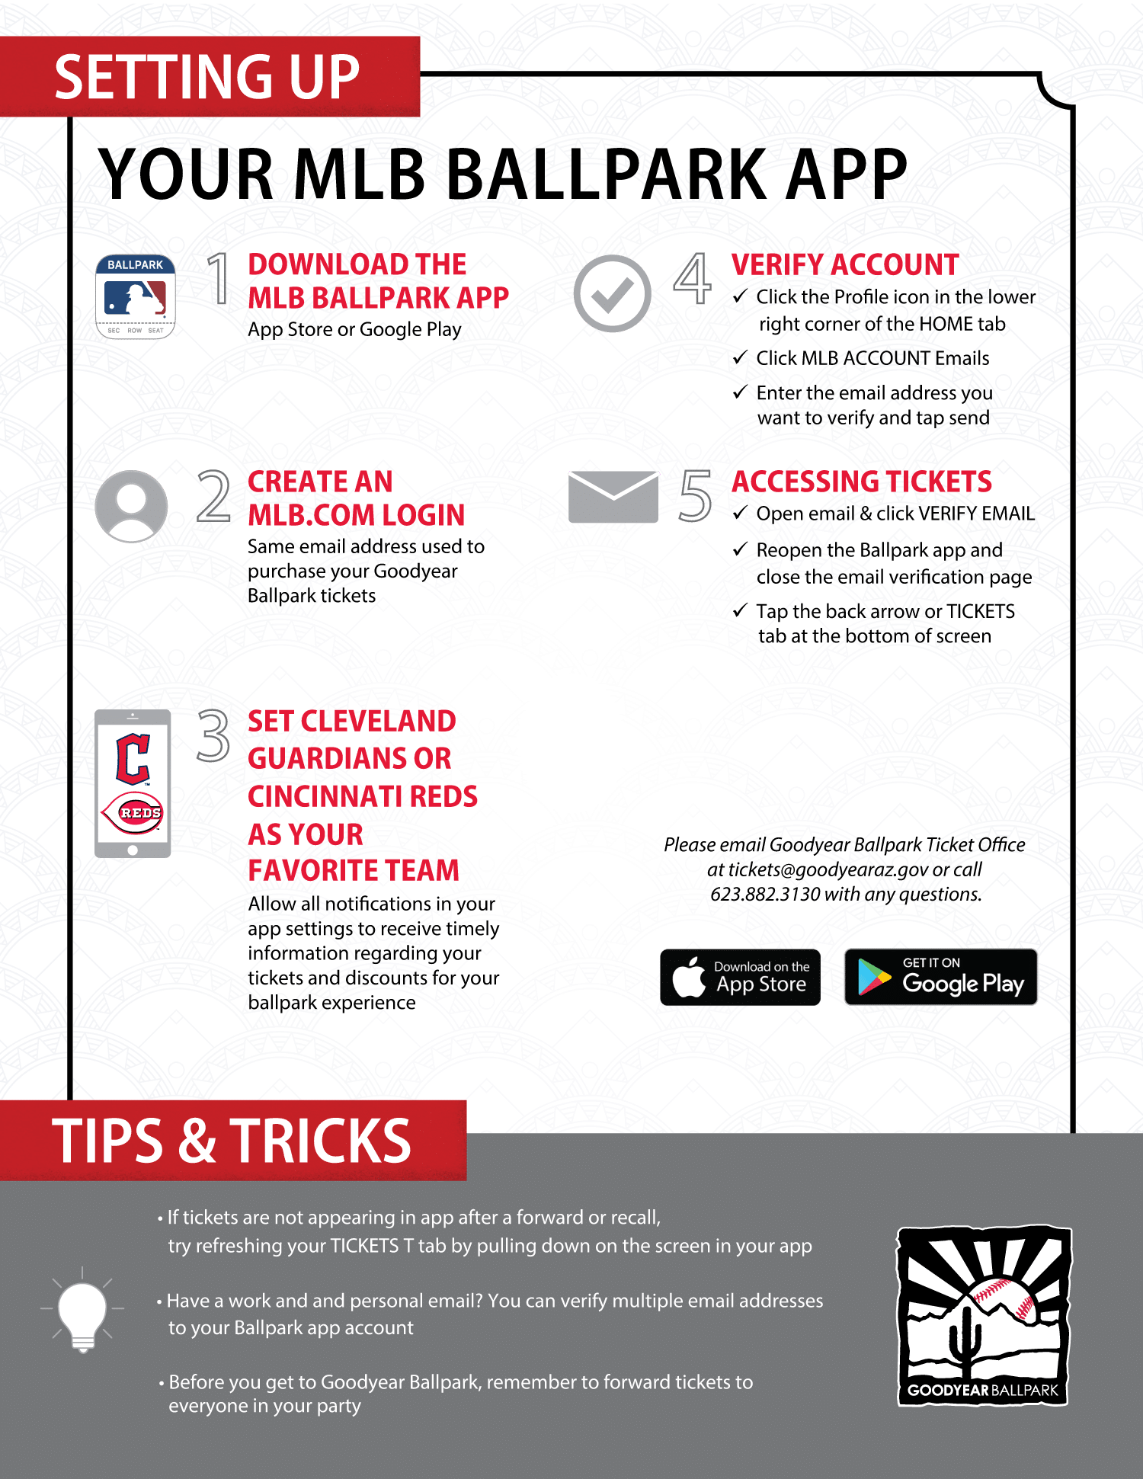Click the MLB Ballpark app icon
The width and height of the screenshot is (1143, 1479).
[136, 296]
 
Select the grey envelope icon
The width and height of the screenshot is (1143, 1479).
[613, 497]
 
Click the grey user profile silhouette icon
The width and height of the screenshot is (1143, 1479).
[131, 506]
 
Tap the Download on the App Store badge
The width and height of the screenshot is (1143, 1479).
[740, 977]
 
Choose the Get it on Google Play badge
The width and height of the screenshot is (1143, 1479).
[941, 977]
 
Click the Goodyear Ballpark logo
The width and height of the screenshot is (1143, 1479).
[984, 1315]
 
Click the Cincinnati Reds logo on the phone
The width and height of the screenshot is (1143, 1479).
[133, 812]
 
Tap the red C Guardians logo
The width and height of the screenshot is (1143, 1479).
[133, 759]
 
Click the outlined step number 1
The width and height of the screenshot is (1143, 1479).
[219, 278]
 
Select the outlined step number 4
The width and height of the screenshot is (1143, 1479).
[692, 278]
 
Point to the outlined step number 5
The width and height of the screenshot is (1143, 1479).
[695, 496]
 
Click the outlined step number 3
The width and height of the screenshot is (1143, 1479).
[213, 735]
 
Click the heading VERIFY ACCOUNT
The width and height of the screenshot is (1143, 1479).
[845, 264]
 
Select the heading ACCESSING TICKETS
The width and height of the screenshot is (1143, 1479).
[862, 482]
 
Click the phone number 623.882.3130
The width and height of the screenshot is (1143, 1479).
[765, 894]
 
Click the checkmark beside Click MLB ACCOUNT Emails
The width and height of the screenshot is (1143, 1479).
[740, 357]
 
